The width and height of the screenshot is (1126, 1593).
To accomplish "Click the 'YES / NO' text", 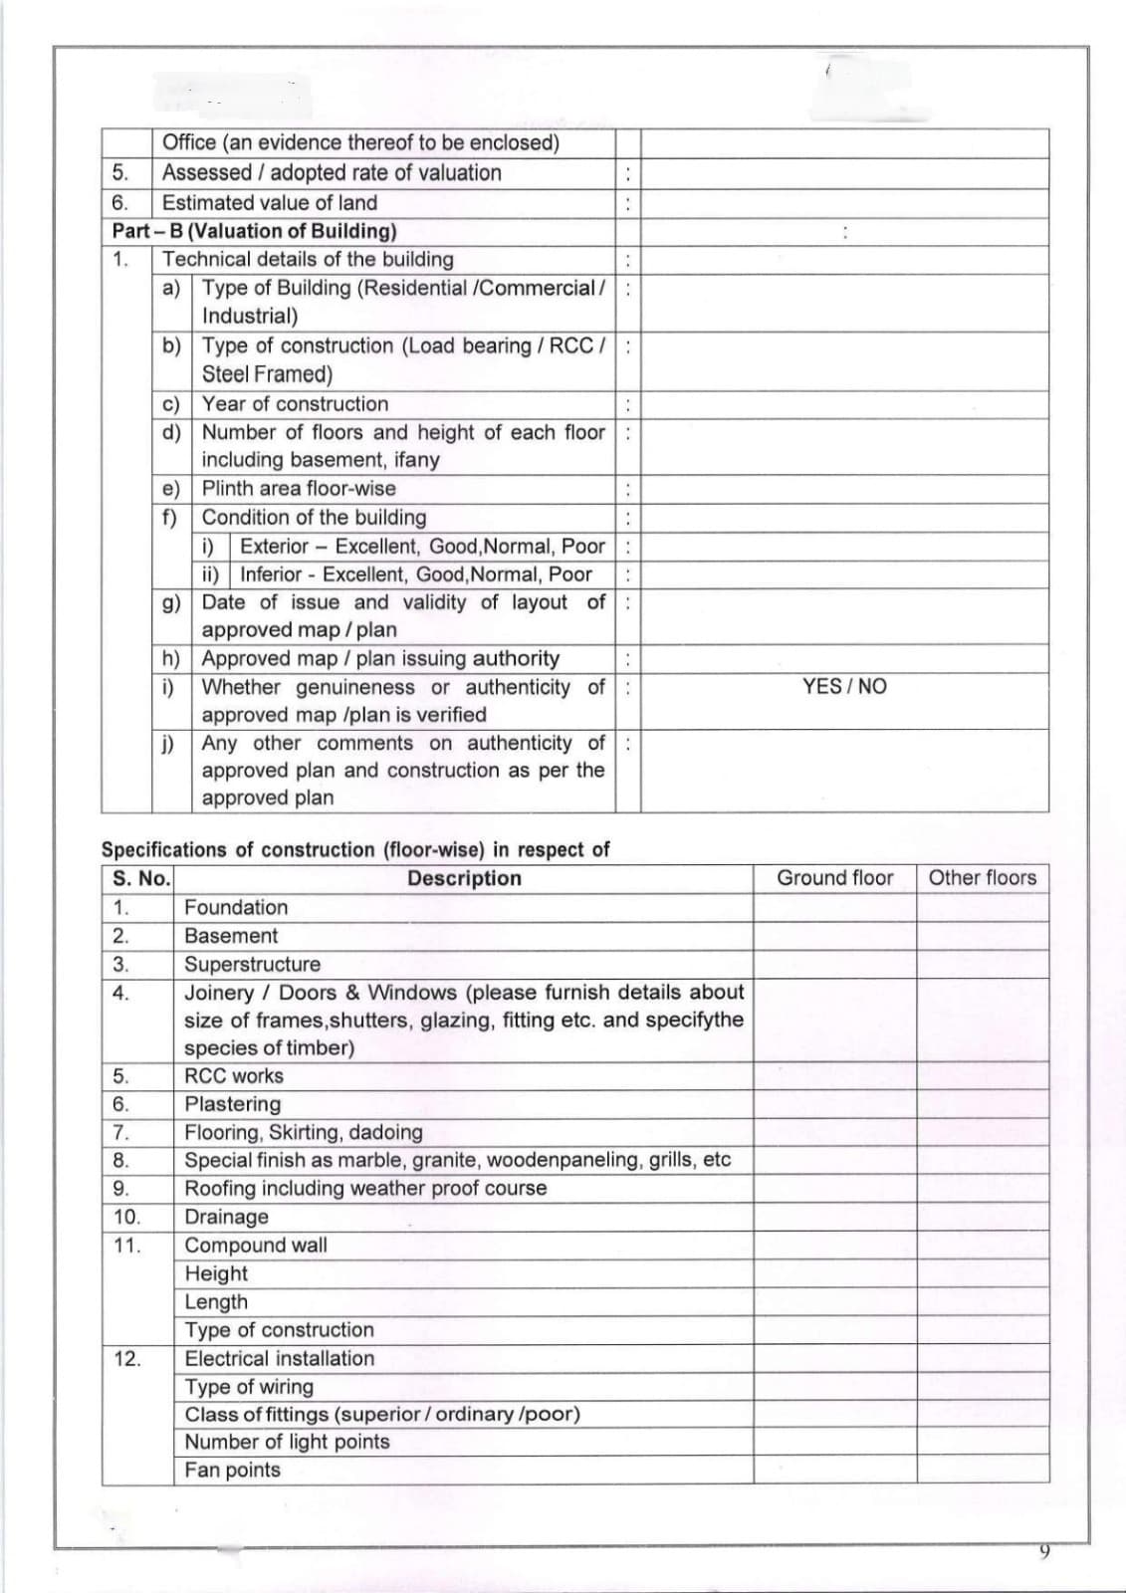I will [843, 686].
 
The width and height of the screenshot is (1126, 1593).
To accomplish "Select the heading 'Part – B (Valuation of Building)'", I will [254, 231].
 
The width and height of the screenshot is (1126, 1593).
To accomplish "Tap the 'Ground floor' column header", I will [834, 877].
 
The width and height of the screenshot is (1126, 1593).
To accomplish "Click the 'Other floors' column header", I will [982, 877].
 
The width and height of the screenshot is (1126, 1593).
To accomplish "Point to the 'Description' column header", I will [464, 878].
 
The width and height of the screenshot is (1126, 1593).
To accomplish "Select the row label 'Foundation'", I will [236, 907].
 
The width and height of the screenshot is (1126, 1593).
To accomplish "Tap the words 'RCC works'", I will [234, 1075].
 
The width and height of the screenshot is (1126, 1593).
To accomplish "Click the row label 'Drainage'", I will [226, 1217].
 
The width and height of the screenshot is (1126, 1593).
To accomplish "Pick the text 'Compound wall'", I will [256, 1245].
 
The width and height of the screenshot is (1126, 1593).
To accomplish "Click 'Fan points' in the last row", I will [233, 1470].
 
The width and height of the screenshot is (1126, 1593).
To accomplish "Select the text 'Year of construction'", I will [295, 403].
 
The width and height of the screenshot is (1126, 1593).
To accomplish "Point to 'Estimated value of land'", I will [270, 202].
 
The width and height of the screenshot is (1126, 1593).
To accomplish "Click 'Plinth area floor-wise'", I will [299, 488].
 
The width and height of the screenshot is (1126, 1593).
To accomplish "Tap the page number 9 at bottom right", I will [1043, 1551].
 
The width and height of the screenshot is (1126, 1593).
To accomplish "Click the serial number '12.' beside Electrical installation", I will [126, 1358].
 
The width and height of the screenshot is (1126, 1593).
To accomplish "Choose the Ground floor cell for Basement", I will [834, 936].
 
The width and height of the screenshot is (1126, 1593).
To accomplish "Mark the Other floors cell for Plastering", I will [982, 1104].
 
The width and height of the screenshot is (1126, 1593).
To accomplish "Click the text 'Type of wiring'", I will [249, 1386].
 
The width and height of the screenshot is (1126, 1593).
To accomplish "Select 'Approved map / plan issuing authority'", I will [380, 658].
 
